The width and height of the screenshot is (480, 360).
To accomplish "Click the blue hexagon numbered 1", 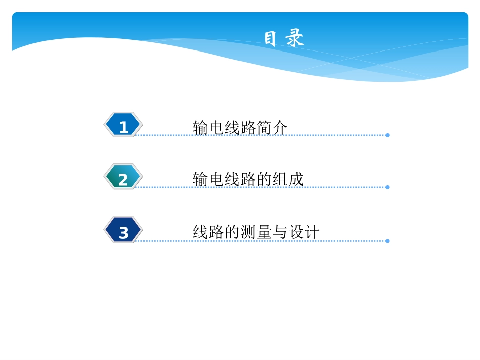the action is [x=123, y=125].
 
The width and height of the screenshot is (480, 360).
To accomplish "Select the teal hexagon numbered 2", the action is [x=123, y=177].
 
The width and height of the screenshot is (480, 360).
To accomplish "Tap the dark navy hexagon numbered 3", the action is [x=123, y=230].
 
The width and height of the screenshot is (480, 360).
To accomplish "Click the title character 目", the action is [x=270, y=38].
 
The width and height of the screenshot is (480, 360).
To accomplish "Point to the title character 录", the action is [x=295, y=38].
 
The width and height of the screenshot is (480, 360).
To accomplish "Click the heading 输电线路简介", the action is [x=240, y=128].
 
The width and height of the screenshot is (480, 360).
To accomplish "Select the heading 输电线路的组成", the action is [x=248, y=179].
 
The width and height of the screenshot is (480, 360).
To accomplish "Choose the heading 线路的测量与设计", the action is [x=256, y=232].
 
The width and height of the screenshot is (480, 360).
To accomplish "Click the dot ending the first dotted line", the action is [x=387, y=135].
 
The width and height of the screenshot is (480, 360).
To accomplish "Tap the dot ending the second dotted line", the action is [x=387, y=187].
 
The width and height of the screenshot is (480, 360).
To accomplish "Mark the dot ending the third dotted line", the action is [x=387, y=241].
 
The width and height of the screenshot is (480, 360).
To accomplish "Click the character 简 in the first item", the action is [x=264, y=128].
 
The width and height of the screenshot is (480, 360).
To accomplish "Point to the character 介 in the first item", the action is [x=280, y=128].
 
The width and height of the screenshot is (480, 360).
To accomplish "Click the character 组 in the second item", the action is [x=280, y=179].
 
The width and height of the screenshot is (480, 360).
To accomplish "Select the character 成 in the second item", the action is [x=296, y=179].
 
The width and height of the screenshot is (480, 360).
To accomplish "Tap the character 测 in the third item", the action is [x=248, y=232].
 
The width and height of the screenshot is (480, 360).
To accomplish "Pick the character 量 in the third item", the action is [x=264, y=232].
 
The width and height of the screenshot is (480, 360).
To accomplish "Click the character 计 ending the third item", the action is [x=312, y=232].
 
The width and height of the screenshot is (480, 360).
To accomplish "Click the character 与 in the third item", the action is [x=280, y=232].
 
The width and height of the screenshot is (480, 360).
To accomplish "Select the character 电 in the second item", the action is [x=216, y=179].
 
